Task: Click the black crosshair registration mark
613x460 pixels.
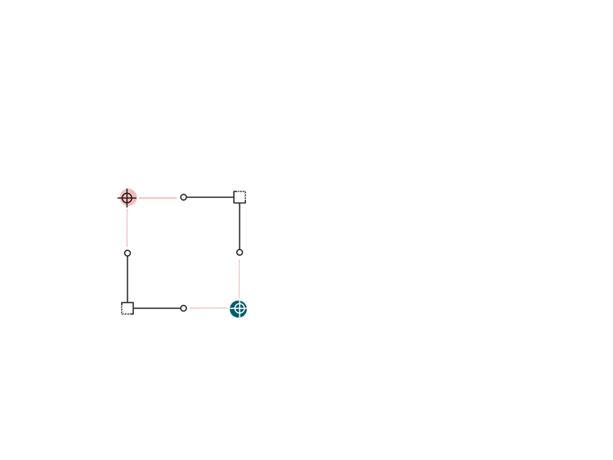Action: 127,198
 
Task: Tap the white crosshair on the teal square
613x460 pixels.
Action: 239,307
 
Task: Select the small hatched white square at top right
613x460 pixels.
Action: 240,195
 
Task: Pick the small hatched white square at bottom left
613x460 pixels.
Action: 127,308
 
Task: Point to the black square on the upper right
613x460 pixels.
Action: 214,223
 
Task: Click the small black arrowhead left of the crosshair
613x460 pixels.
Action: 119,198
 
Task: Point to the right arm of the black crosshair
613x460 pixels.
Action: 133,198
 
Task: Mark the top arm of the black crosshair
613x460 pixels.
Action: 127,191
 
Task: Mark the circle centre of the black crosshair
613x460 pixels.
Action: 127,198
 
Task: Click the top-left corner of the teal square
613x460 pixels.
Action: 228,298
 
